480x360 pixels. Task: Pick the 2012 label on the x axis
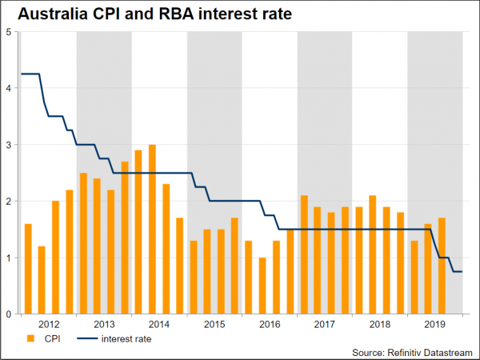coord(49,324)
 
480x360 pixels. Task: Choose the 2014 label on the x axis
coord(159,324)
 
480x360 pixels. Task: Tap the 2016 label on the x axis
coord(270,324)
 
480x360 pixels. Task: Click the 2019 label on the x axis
coord(435,324)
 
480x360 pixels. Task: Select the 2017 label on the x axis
coord(325,324)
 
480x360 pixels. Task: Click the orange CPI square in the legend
coord(31,338)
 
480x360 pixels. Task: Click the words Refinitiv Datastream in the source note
coord(427,352)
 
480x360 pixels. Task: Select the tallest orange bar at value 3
coord(152,230)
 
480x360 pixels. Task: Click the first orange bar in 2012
coord(28,269)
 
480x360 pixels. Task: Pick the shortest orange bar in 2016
coord(262,286)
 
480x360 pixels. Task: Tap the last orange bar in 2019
coord(442,266)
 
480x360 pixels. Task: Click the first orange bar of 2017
coord(304,254)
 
